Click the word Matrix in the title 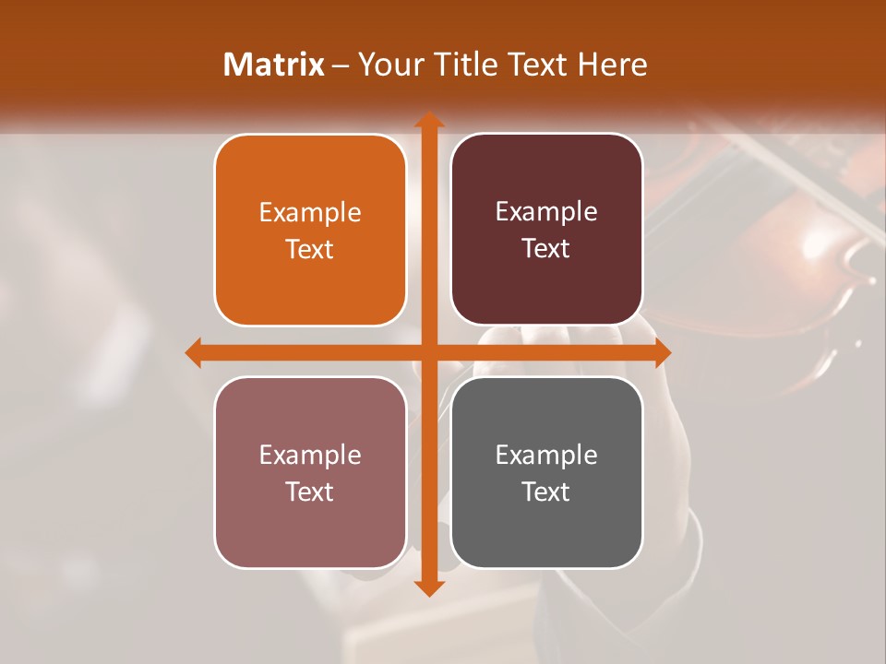(x=274, y=65)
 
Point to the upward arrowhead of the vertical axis (x=428, y=121)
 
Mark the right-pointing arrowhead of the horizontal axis (x=662, y=352)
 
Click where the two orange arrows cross (x=428, y=352)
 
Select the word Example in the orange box (x=310, y=213)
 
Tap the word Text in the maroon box (x=546, y=248)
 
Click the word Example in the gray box (x=546, y=455)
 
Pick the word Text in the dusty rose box (x=310, y=492)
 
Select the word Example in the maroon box (x=546, y=212)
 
